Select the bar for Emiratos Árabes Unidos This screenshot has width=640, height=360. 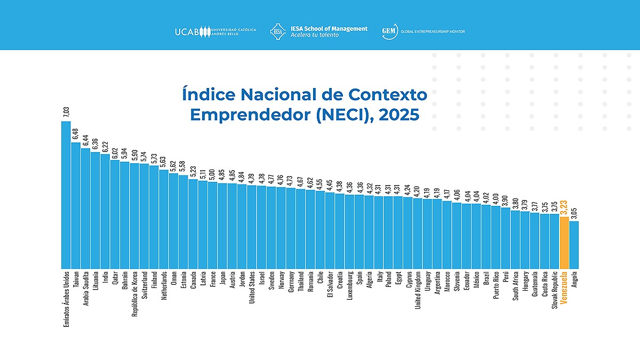click(66, 195)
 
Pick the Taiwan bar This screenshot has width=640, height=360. click(76, 205)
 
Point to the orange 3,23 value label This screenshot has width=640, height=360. click(564, 207)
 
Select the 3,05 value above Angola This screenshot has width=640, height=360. click(574, 213)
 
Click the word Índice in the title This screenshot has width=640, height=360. click(208, 95)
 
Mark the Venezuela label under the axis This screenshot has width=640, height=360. click(564, 287)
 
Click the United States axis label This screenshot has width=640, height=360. click(252, 289)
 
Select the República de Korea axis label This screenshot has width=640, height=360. click(134, 294)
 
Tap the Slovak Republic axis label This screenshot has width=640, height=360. click(555, 291)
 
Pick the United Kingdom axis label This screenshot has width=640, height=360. click(418, 291)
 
